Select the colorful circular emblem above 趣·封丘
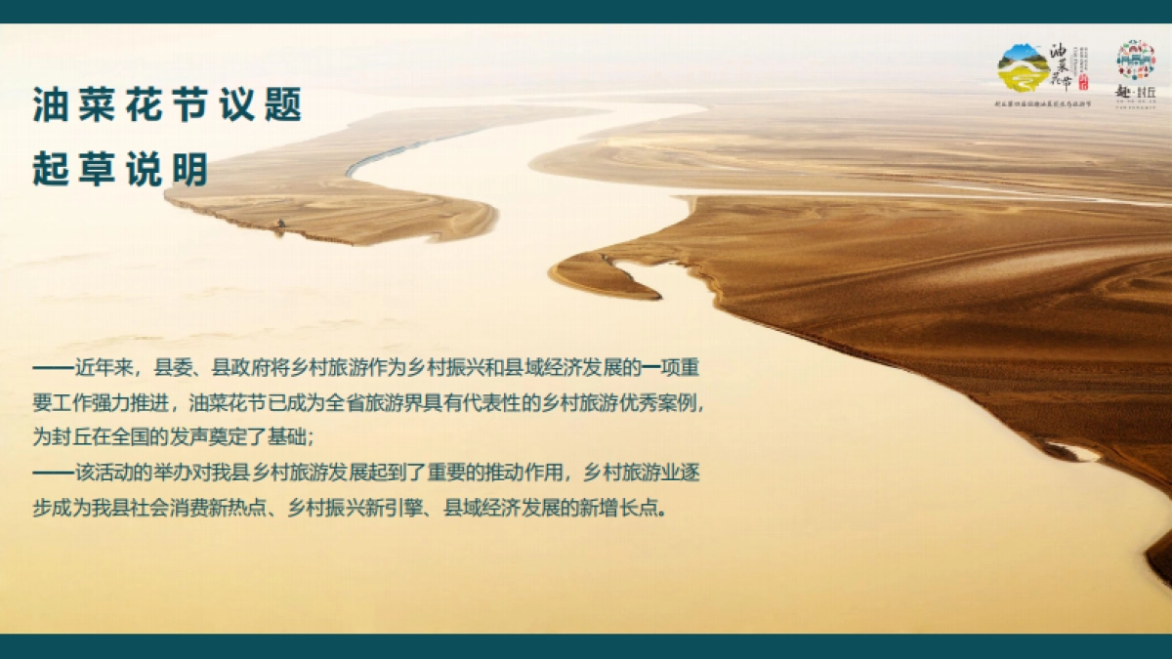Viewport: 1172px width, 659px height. (x=1136, y=60)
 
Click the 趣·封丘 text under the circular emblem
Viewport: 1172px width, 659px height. (x=1136, y=91)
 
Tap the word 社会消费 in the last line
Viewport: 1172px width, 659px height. (x=192, y=509)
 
